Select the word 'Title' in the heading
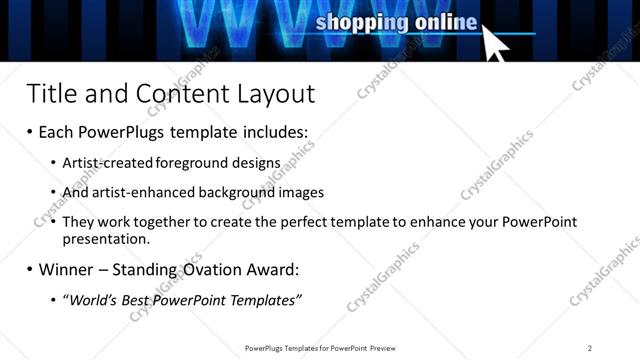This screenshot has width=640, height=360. point(50,94)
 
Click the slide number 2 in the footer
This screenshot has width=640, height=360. point(590,348)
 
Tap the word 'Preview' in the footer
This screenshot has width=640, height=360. point(382,348)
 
